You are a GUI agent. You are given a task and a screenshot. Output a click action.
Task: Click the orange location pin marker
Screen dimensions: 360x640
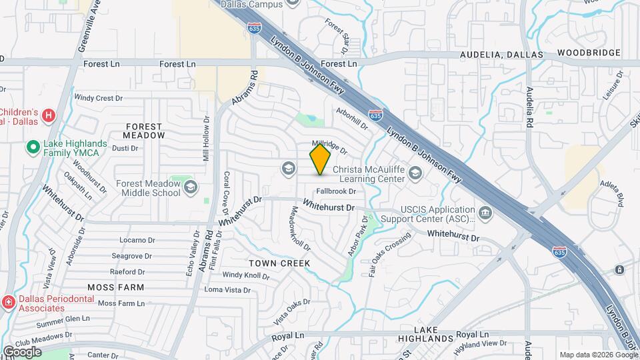320,159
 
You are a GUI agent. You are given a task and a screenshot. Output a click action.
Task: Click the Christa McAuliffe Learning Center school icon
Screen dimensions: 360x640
415,174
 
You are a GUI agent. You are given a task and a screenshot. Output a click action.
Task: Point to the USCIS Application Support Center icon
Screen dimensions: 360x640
485,213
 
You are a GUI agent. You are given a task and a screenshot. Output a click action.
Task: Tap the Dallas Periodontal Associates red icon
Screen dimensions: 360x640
8,303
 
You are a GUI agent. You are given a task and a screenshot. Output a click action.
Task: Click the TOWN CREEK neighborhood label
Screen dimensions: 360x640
280,263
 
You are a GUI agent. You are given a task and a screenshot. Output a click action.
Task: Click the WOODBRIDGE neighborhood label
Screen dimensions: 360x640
589,53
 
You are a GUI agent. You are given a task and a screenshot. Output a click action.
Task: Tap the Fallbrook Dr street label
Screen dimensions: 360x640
336,191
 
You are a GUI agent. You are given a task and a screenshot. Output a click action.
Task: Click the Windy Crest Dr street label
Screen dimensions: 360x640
99,98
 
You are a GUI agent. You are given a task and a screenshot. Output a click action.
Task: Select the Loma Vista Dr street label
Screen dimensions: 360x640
227,290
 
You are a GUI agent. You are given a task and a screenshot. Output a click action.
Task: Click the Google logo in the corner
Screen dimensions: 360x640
21,351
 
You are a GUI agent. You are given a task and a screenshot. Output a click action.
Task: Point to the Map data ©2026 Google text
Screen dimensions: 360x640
598,355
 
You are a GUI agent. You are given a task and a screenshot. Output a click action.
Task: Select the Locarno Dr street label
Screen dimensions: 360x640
137,240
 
